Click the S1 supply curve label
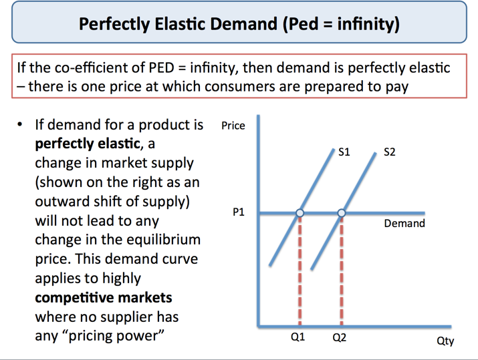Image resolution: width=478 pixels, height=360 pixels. [x=344, y=152]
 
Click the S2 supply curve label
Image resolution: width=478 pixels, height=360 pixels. [x=389, y=152]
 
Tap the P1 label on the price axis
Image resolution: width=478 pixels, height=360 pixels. [x=239, y=212]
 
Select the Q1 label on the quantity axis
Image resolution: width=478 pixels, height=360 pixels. [x=297, y=337]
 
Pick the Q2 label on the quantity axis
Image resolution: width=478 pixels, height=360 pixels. [x=340, y=337]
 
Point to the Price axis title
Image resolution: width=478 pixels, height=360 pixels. [x=233, y=126]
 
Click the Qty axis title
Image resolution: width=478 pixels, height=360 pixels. [x=445, y=341]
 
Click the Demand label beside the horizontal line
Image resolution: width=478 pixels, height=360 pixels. [x=404, y=223]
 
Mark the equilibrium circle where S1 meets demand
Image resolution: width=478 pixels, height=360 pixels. [x=300, y=213]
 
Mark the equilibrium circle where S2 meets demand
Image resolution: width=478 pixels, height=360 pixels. [x=342, y=213]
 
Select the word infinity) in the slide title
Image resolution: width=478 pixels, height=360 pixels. [x=368, y=25]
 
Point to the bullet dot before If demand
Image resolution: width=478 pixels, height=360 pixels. [x=21, y=125]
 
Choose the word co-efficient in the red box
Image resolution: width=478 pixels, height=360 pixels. [x=96, y=67]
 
